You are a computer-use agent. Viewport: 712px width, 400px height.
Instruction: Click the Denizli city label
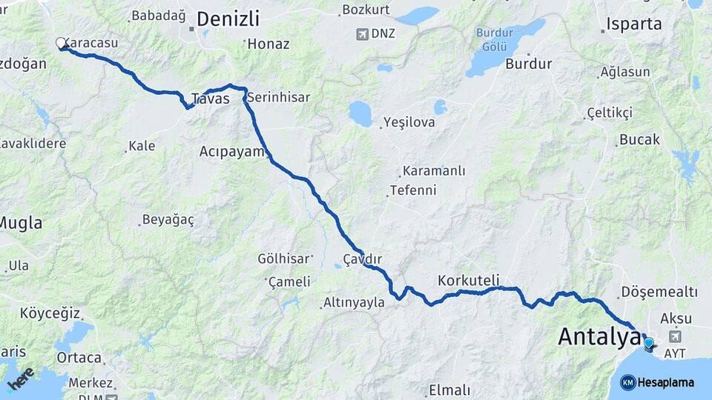tap(228, 19)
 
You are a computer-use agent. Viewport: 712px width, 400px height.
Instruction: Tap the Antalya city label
tap(599, 336)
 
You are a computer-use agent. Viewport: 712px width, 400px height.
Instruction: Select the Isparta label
tap(633, 24)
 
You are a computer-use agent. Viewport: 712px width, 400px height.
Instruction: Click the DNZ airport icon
tap(362, 33)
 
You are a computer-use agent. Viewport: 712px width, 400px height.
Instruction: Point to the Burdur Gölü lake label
tap(495, 39)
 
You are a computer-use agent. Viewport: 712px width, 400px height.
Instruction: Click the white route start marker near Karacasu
tap(62, 43)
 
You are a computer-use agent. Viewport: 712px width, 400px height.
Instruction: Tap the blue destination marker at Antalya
tap(649, 344)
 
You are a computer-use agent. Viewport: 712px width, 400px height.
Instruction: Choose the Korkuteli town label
tap(469, 281)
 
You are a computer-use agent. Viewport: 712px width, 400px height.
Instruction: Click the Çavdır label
tap(362, 259)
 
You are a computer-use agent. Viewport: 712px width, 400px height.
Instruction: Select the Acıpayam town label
tap(231, 151)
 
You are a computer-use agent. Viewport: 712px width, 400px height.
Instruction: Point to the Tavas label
tap(205, 99)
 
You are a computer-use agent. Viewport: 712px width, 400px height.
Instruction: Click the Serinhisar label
tap(278, 97)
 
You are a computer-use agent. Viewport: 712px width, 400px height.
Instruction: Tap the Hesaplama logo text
tap(666, 382)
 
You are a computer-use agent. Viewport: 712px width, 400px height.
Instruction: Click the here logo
tap(20, 378)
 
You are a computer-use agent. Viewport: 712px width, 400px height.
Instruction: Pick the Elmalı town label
tap(449, 390)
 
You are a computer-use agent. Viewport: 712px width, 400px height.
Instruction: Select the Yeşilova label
tap(409, 122)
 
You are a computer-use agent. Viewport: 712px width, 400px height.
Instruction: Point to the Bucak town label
tap(639, 139)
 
